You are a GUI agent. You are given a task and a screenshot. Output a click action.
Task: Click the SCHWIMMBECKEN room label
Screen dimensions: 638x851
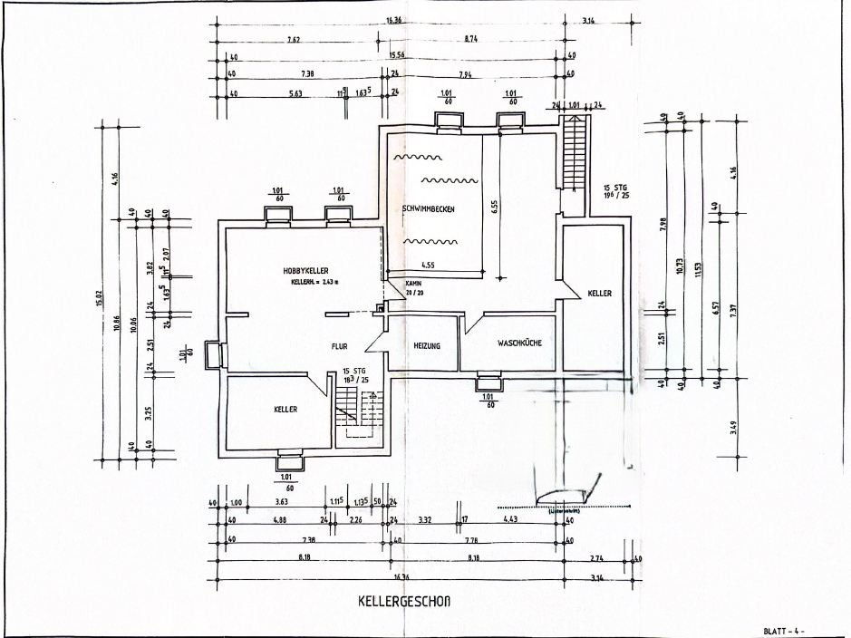428,209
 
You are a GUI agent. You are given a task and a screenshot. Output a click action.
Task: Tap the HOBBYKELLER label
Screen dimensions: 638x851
305,271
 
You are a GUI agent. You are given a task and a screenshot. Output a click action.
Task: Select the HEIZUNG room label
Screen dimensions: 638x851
427,346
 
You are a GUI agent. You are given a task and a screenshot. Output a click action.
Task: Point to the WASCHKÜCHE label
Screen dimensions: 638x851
519,343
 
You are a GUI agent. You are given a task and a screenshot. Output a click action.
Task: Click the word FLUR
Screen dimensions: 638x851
340,345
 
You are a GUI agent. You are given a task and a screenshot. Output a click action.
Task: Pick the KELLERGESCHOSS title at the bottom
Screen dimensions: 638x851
404,601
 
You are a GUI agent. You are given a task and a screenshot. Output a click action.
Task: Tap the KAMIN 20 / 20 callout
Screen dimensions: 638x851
414,288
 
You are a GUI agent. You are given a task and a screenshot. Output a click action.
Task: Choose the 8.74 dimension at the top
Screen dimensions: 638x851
471,40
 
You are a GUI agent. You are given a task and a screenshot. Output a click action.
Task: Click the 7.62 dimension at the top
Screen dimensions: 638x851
295,40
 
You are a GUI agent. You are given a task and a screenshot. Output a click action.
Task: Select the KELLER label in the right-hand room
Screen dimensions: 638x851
599,294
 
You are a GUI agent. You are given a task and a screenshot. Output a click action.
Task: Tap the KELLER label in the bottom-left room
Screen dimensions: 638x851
285,410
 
